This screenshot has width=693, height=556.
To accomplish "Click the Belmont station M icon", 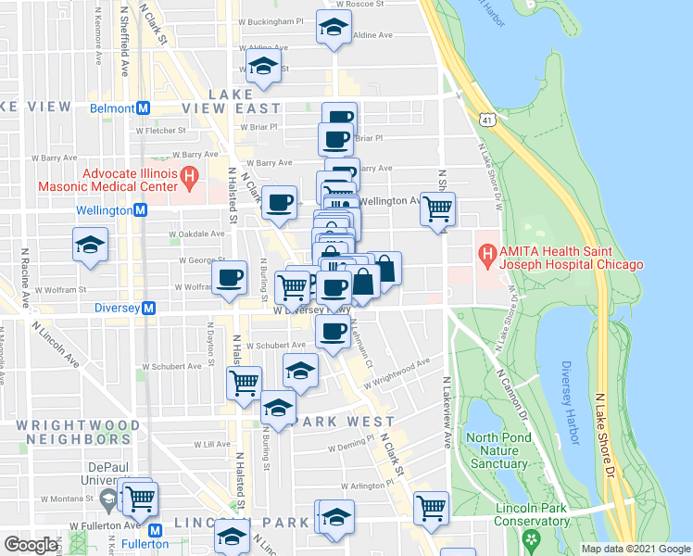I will pyautogui.click(x=144, y=107).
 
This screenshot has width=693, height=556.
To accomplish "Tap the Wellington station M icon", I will pyautogui.click(x=140, y=210).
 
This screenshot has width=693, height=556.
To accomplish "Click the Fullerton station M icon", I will pyautogui.click(x=155, y=530).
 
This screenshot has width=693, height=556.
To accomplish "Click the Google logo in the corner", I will pyautogui.click(x=31, y=544).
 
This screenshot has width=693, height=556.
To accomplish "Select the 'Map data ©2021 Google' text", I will pyautogui.click(x=636, y=549).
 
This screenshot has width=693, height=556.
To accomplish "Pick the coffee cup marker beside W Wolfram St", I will pyautogui.click(x=230, y=276).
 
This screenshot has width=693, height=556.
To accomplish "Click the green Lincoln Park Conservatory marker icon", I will pyautogui.click(x=531, y=537).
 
